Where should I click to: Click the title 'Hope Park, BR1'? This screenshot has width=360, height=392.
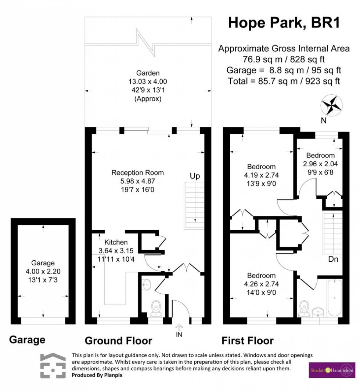(284, 22)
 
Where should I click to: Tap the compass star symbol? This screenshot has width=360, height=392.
(332, 105)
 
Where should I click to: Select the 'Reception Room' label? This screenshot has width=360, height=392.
(138, 173)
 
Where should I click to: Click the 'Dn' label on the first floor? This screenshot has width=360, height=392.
(333, 259)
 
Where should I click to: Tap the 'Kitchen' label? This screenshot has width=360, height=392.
(116, 242)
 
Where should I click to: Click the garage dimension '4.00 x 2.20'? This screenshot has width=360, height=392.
(43, 271)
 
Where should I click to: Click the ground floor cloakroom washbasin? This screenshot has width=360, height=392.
(146, 284)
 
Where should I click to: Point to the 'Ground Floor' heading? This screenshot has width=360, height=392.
(118, 341)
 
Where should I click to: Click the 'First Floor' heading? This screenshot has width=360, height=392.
(247, 341)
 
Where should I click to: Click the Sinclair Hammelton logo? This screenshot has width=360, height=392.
(332, 370)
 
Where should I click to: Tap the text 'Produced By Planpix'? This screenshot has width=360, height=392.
(91, 375)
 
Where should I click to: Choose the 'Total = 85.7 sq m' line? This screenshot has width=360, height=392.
(284, 80)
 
